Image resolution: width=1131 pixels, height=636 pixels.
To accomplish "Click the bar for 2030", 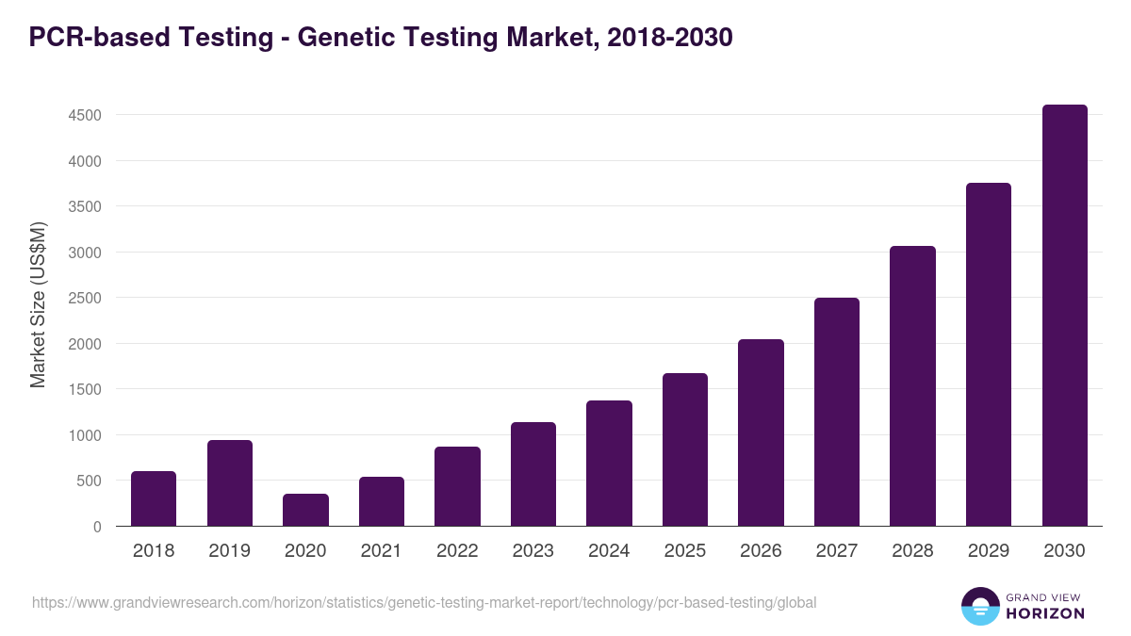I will click(1064, 316).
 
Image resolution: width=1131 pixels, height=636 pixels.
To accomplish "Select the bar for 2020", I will click(305, 510).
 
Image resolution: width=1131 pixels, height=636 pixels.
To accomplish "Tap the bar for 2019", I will click(230, 483).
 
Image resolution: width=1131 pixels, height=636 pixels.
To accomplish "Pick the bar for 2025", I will click(685, 449).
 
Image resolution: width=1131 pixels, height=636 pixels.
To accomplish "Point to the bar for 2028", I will click(912, 386).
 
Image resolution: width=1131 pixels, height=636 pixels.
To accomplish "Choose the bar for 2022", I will click(457, 486).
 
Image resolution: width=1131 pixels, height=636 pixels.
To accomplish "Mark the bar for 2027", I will click(837, 412).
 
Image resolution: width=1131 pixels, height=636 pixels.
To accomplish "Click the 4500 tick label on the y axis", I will click(83, 116).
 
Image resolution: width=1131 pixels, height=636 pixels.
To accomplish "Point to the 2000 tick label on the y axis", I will click(83, 344).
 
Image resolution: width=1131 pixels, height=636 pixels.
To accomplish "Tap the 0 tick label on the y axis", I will click(97, 527).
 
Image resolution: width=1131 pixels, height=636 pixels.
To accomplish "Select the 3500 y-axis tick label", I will click(83, 207).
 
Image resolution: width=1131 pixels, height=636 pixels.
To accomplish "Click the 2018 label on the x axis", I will click(154, 551).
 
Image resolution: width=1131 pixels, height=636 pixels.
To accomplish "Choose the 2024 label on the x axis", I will click(609, 551).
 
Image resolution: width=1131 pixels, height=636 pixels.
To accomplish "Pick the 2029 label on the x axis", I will click(989, 551).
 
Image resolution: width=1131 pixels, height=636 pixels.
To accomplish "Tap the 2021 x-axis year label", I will click(382, 551).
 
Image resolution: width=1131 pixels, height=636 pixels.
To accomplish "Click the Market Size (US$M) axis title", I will click(38, 305).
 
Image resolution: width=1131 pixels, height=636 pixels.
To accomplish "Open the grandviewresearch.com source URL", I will click(424, 602).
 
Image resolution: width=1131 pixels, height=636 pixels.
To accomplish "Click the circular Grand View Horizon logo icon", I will click(979, 606).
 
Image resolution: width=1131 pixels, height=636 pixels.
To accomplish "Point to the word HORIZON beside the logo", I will click(1045, 613).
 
